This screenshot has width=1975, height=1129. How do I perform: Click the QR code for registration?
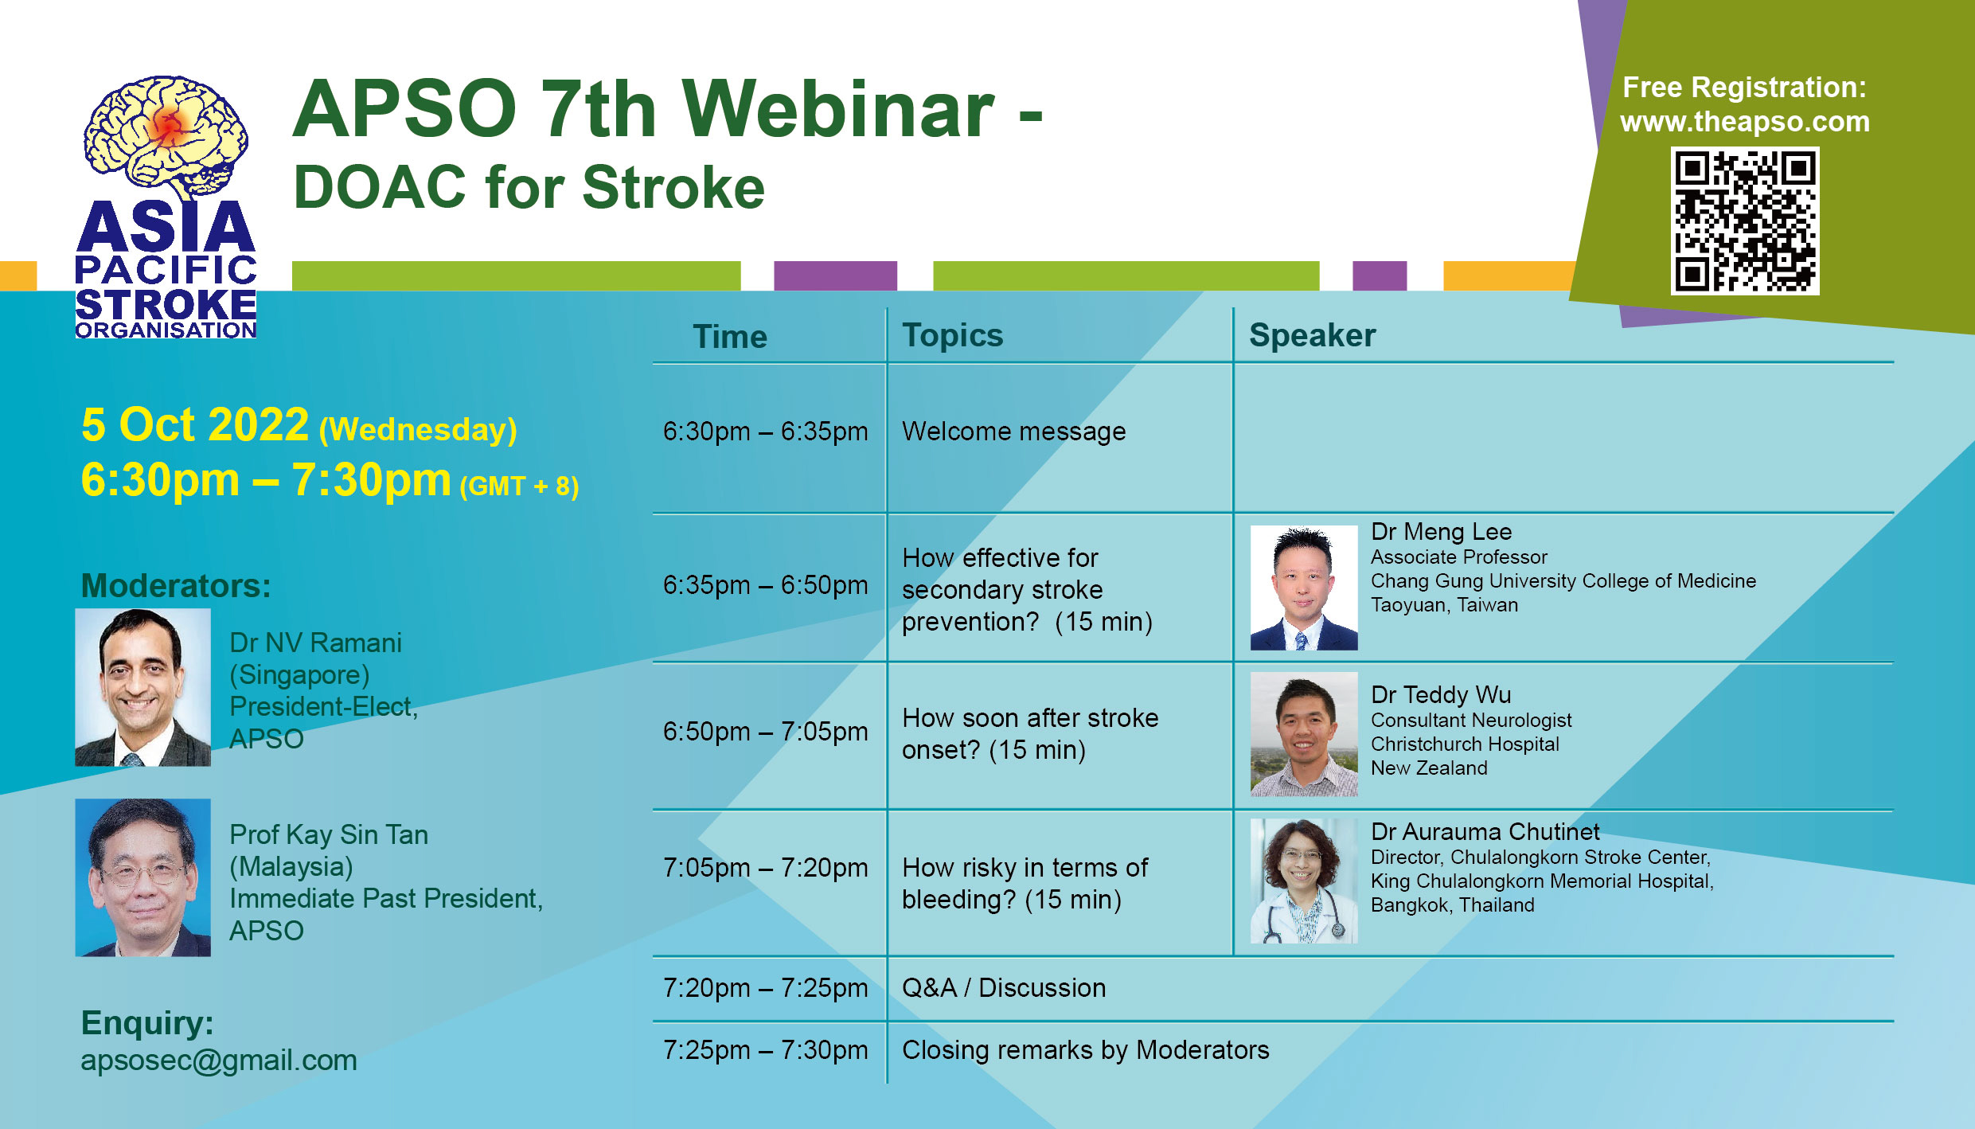[x=1744, y=221]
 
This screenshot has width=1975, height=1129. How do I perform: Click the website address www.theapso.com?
[x=1744, y=122]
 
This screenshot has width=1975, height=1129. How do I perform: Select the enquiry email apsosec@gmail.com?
[x=219, y=1061]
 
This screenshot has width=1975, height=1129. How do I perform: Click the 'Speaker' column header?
[x=1312, y=335]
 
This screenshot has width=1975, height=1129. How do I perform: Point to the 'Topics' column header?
[x=952, y=336]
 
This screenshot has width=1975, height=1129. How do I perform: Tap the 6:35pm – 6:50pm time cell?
[x=765, y=585]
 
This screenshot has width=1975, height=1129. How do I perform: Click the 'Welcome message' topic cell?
[x=1013, y=432]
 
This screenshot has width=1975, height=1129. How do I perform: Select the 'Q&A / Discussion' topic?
[x=1004, y=988]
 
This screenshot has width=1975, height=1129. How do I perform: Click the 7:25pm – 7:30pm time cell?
[x=765, y=1050]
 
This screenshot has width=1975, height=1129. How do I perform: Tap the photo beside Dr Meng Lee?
[x=1304, y=588]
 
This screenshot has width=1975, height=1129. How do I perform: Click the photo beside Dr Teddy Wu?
[x=1304, y=734]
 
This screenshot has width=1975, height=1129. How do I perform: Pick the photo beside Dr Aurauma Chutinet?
[x=1304, y=881]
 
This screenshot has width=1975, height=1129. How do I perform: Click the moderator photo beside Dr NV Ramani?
[x=143, y=687]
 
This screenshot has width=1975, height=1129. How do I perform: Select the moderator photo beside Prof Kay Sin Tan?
[x=143, y=877]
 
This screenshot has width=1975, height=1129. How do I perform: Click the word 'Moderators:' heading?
[x=176, y=586]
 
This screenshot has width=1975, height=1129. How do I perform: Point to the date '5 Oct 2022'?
[x=195, y=424]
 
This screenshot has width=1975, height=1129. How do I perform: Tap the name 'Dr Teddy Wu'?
[x=1441, y=695]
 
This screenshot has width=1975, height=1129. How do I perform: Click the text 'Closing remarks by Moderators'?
[x=1086, y=1050]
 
